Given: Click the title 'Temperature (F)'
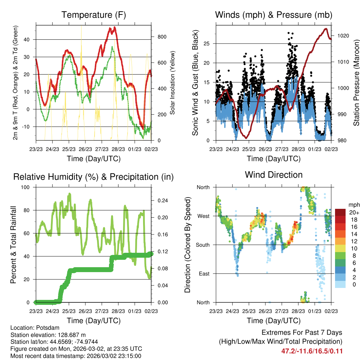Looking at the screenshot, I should coord(94,15).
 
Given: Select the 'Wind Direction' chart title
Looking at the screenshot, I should coord(274,174).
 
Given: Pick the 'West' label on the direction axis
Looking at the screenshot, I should coord(203,216).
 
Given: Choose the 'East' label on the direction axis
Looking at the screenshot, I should coord(204,274).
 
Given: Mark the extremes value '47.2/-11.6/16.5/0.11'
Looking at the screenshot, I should coord(312,351).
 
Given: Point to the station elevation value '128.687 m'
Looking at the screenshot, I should coord(69,335).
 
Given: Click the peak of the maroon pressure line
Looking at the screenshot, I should coord(326,29).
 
